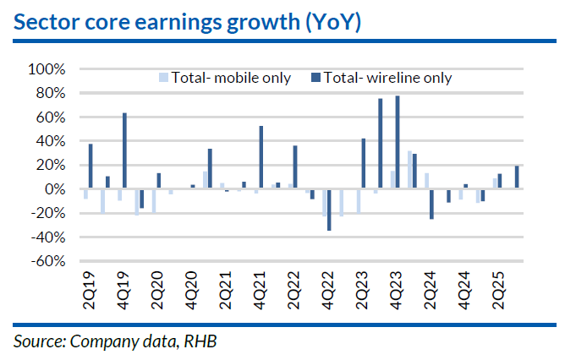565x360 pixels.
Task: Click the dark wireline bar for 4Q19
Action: coord(124,150)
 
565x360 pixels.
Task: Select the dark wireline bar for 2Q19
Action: coord(91,166)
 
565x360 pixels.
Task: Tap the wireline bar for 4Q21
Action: coord(261,157)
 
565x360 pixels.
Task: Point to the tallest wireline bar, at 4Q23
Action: coord(398,142)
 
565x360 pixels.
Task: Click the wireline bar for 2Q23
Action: coord(363,163)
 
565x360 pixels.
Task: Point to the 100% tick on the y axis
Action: coord(47,68)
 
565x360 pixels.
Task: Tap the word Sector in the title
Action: coord(47,23)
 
